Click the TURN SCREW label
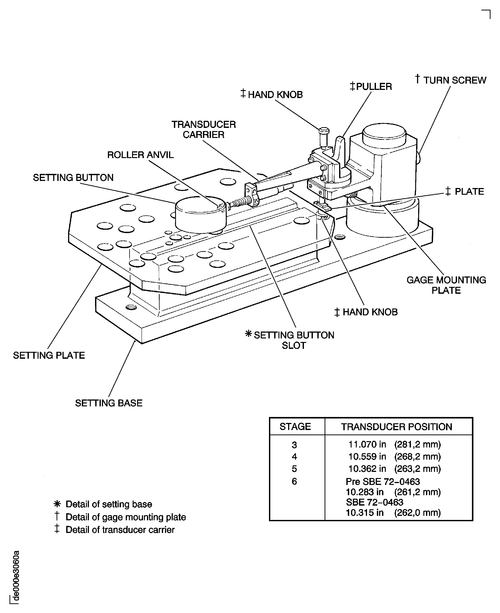pyautogui.click(x=454, y=80)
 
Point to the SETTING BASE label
pyautogui.click(x=109, y=403)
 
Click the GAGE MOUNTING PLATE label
pyautogui.click(x=446, y=285)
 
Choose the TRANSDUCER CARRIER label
pyautogui.click(x=204, y=129)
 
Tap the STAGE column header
pyautogui.click(x=295, y=426)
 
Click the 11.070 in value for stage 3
pyautogui.click(x=367, y=444)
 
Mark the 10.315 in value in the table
pyautogui.click(x=364, y=513)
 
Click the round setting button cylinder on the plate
pyautogui.click(x=201, y=215)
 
